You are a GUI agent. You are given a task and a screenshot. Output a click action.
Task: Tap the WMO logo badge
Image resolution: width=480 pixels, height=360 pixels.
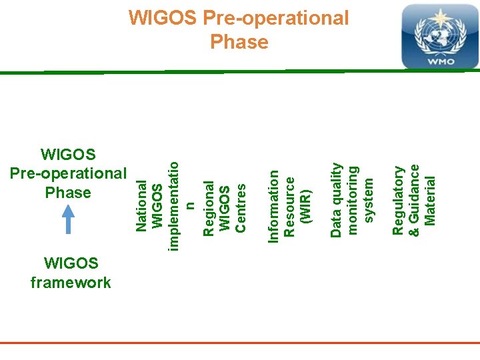coord(439,36)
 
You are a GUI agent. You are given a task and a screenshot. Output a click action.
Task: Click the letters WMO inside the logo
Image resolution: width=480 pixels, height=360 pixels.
coord(440,61)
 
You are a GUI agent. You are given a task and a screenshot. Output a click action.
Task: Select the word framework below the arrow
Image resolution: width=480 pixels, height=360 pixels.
coord(71,283)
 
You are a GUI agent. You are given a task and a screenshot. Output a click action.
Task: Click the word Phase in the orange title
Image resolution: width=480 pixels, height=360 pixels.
coord(239,43)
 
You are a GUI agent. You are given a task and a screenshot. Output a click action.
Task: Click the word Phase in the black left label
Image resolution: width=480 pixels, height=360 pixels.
coord(68,193)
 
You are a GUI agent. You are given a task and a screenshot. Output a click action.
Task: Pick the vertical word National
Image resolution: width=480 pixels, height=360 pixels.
coord(141,205)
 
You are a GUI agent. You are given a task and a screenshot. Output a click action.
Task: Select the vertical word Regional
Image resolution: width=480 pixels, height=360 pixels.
coord(208,208)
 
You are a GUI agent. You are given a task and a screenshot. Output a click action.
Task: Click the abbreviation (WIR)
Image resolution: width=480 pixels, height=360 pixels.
coord(306,207)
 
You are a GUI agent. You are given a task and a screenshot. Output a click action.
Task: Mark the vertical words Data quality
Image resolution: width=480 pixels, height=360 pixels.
coord(337,200)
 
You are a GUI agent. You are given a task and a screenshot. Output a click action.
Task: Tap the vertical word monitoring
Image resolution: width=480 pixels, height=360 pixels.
coord(353,200)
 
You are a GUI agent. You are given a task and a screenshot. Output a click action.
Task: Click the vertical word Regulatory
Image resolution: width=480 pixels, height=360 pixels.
coord(398,201)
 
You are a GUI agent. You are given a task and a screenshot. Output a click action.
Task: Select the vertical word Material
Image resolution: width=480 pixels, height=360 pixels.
coord(430,200)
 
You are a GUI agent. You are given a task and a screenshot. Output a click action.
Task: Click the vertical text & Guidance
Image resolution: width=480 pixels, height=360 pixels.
coord(414,195)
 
